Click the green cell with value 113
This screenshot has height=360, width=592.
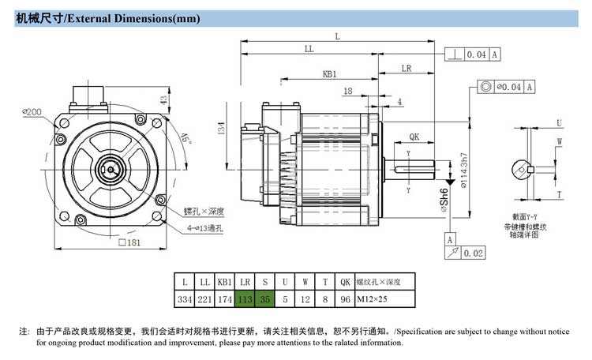click(x=245, y=300)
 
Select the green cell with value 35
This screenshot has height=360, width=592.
click(x=264, y=300)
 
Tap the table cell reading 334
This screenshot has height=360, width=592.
click(x=185, y=300)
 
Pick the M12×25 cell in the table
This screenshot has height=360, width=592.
click(x=373, y=300)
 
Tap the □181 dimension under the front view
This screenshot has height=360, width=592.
click(x=129, y=242)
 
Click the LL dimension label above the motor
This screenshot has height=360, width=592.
click(x=309, y=49)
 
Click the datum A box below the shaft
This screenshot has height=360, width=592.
click(x=450, y=239)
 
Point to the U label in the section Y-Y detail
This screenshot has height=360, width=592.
click(x=559, y=123)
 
